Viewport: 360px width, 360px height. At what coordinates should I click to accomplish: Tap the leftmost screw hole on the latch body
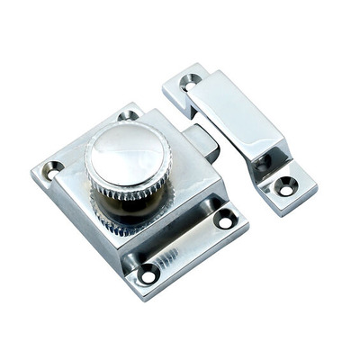click(53, 167)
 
